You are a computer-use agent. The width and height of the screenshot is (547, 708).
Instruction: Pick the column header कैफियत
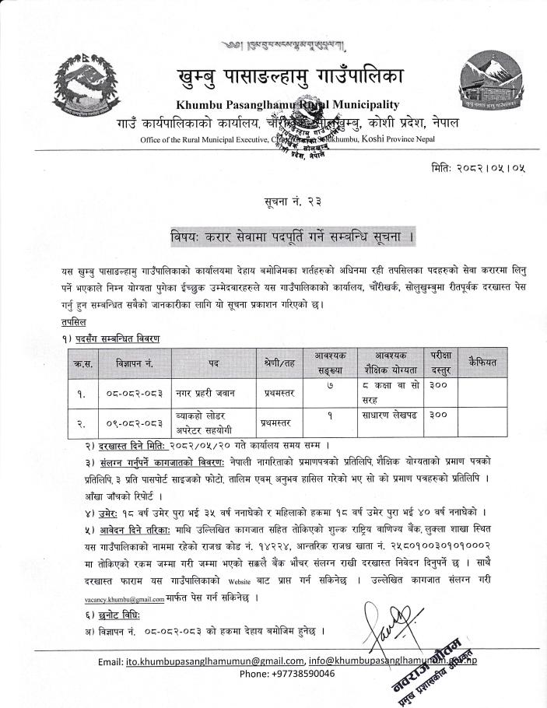[x=487, y=363]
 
